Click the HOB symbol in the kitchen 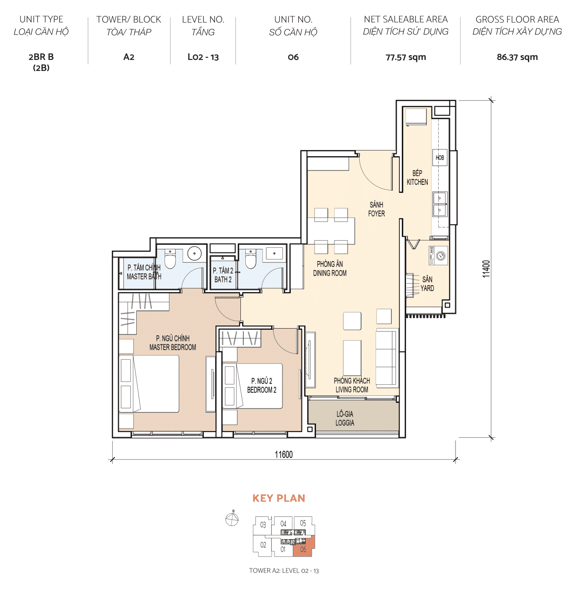439,157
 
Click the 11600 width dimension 284,454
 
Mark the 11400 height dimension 486,269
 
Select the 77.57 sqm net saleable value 406,57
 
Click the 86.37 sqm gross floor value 517,57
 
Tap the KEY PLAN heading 279,498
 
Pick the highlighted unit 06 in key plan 303,549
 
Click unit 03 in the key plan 263,525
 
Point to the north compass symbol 232,519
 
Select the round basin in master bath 194,253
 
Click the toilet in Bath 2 251,260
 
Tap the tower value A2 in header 129,57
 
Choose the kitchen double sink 440,204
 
